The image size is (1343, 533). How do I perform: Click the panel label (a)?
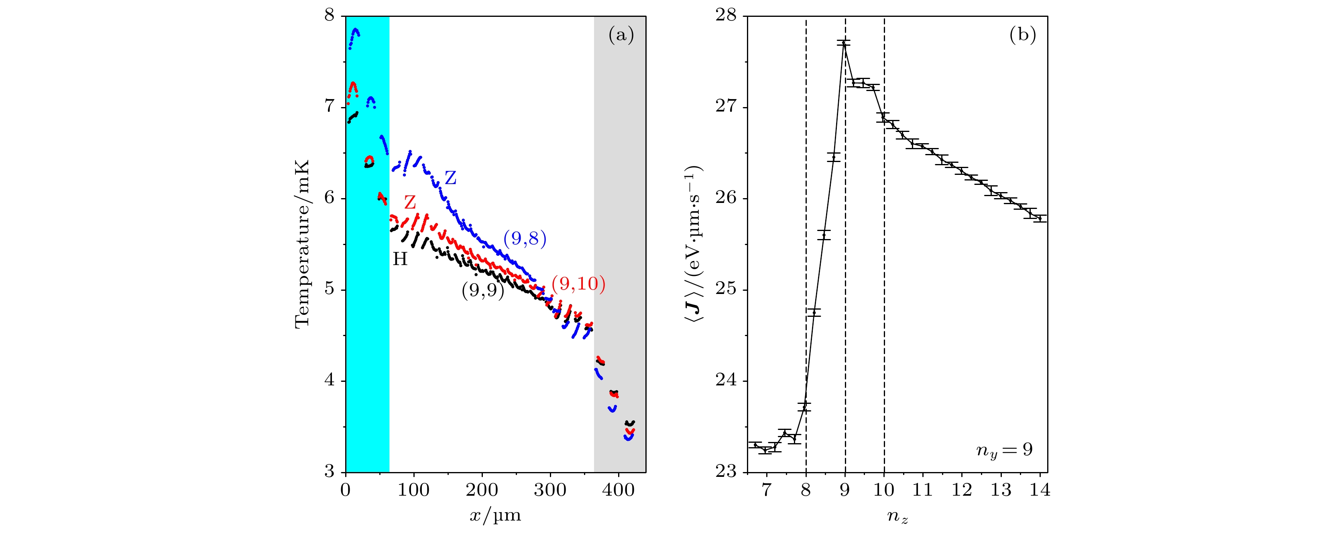[621, 35]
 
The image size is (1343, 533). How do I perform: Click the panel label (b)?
[1022, 35]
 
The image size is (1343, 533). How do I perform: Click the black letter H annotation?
[400, 259]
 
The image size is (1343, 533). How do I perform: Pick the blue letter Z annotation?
[450, 178]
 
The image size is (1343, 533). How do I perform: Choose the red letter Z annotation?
[410, 202]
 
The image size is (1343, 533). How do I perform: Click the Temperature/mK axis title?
[302, 244]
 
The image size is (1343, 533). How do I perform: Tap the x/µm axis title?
[495, 515]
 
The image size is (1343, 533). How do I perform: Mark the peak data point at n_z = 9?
[844, 43]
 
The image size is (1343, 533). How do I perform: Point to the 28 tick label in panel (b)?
[726, 16]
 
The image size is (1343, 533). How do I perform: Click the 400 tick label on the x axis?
[619, 490]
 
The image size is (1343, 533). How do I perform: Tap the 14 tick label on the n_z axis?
[1040, 490]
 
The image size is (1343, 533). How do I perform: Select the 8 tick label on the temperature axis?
[330, 15]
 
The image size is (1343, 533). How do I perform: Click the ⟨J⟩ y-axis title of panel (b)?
[694, 244]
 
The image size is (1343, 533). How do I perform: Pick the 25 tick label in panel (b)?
[726, 290]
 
